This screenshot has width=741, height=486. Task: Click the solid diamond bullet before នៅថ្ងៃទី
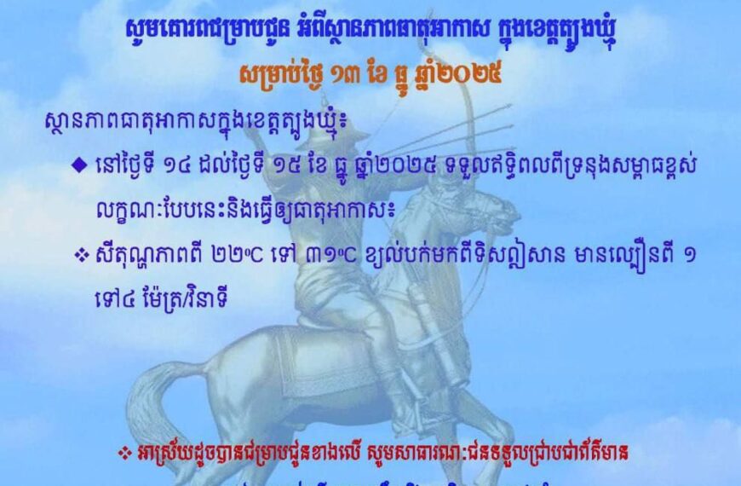pos(78,165)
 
